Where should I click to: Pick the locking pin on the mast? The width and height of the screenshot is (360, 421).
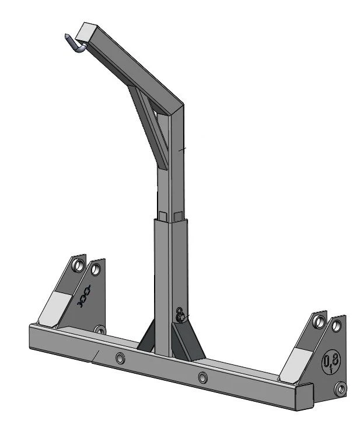point(181,315)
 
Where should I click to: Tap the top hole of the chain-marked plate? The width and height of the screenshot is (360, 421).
point(95,269)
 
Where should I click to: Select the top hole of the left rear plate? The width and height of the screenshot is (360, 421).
point(76,265)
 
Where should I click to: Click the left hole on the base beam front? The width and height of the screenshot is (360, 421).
point(120,357)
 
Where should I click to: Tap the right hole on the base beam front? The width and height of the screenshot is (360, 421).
point(202,377)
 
